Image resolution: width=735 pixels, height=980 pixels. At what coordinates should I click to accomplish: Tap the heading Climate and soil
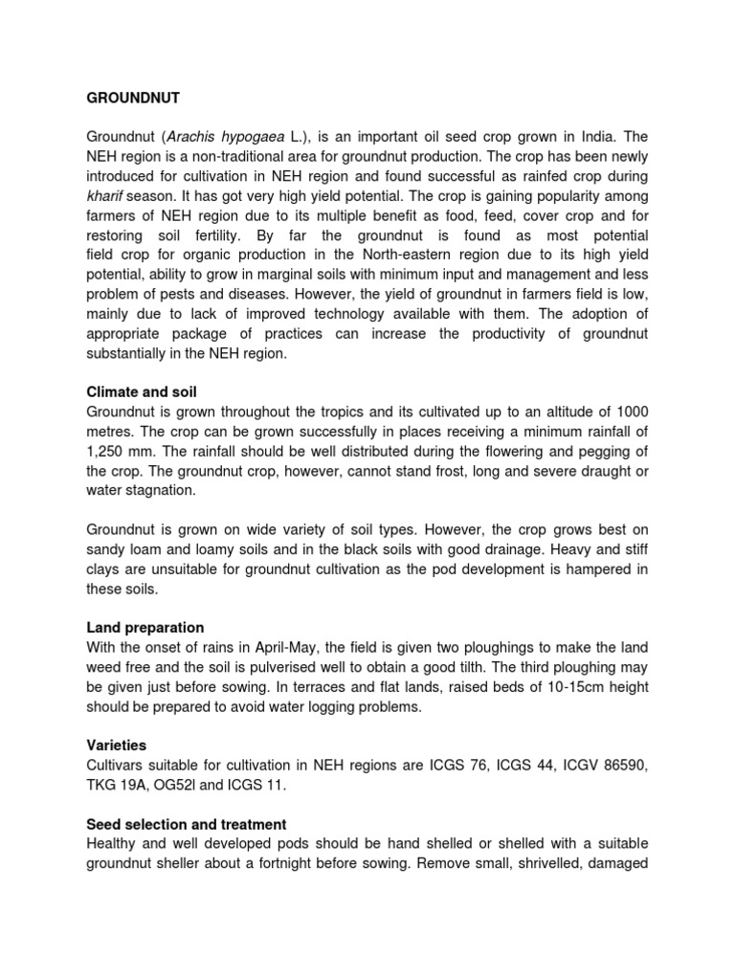[x=142, y=392]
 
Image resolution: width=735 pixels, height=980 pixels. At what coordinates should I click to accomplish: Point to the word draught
[x=595, y=471]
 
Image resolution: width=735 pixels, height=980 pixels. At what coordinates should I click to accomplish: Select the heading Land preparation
[x=145, y=628]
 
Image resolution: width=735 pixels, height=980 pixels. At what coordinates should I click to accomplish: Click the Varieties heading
[x=117, y=746]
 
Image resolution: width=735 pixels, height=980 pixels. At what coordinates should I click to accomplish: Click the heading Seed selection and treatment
[x=187, y=824]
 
